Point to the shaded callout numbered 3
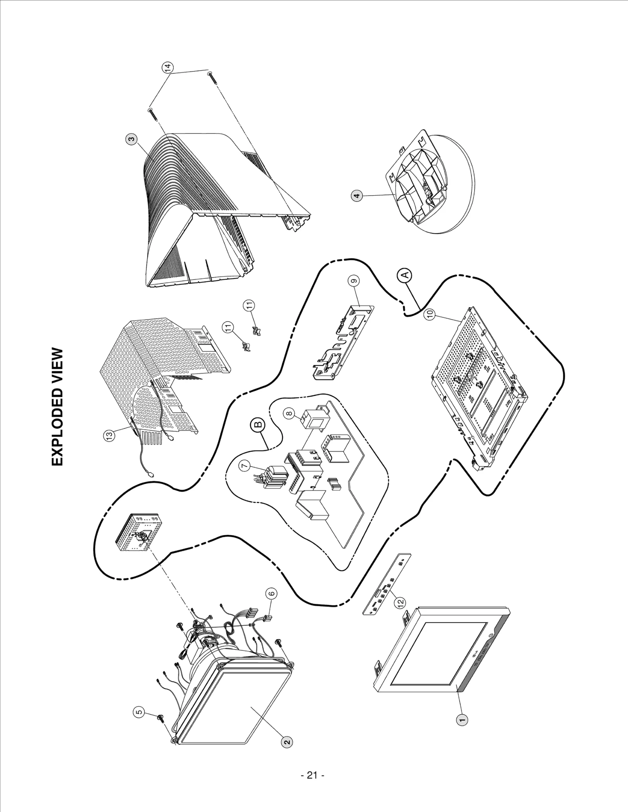131,138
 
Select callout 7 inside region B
245,465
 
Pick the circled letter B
258,424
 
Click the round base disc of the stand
455,204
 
